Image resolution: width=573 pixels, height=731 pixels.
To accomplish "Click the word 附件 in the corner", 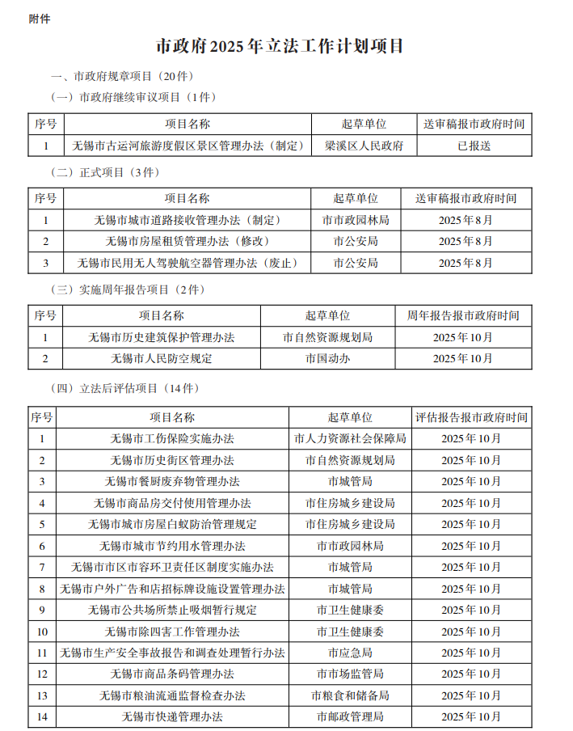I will click(x=40, y=19).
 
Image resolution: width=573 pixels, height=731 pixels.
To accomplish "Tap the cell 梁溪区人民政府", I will click(x=364, y=146).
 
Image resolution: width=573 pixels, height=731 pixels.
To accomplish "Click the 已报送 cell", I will click(x=474, y=146).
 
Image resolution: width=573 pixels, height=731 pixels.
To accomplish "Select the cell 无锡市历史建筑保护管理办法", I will click(x=162, y=337).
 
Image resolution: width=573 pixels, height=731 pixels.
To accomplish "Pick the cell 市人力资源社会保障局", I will click(x=350, y=438).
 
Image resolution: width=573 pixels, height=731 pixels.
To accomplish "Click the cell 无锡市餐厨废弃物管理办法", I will click(x=172, y=481).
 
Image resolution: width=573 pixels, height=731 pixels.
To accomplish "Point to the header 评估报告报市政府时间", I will click(x=471, y=417).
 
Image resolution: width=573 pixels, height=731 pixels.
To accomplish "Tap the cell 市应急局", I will click(x=350, y=653).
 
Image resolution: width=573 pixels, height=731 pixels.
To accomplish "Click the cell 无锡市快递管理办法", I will click(x=172, y=716).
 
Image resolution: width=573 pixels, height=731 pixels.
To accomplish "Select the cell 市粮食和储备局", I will click(x=350, y=695).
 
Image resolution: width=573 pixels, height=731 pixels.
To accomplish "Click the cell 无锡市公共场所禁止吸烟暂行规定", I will click(x=172, y=610).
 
